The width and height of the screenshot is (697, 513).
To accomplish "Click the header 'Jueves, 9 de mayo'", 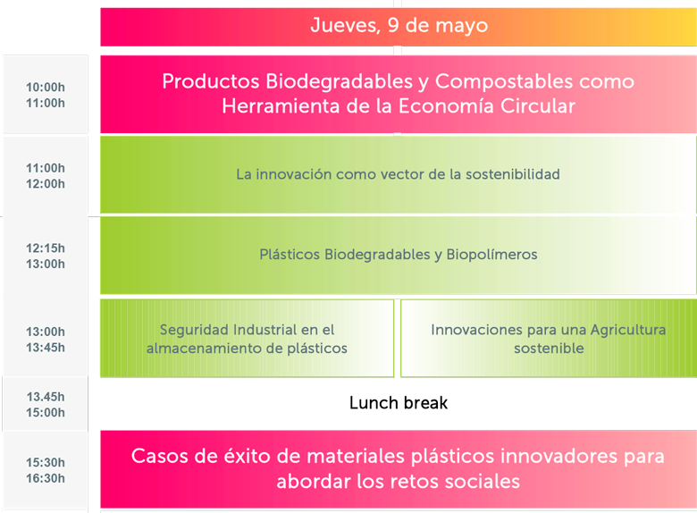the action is point(399,25).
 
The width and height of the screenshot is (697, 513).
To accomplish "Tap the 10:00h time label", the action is point(46,87).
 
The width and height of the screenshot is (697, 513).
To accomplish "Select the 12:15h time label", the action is point(46,248).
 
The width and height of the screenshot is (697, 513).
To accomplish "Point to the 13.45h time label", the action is point(46,397).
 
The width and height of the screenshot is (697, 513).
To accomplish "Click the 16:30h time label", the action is point(46,478).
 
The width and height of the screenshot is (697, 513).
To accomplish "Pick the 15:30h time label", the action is point(46,462).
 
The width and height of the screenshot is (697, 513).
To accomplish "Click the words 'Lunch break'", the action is point(399,403).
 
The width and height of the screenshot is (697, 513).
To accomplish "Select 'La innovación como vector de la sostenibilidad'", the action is point(398,174).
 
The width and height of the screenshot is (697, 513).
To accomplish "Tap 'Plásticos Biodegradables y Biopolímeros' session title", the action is point(399,255).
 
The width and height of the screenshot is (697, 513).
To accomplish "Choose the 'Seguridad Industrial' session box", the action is point(248,339).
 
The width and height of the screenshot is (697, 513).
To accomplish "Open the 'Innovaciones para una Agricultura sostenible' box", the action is point(549,339).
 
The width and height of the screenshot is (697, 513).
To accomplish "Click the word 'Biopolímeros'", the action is point(491,255).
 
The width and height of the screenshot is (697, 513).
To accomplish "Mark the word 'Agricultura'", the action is point(628,330).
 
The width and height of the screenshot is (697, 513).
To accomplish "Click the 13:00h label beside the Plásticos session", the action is point(46,264).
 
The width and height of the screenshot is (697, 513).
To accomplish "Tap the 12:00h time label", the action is point(46,184).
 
